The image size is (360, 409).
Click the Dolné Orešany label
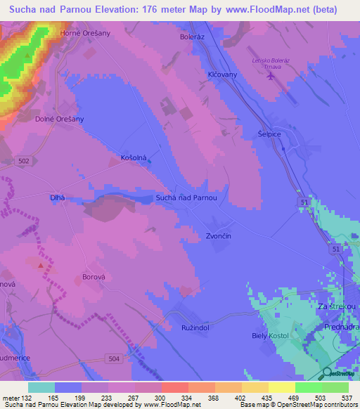(x=60, y=119)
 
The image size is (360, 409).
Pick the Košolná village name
(x=134, y=158)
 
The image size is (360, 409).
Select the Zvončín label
(x=218, y=236)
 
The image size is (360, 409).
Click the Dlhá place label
(x=58, y=198)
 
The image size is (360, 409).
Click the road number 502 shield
(x=25, y=161)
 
